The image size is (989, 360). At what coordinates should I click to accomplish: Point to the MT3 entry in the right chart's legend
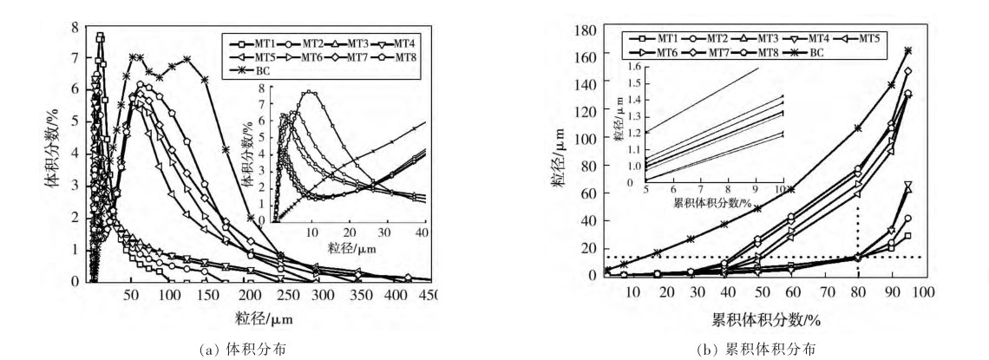click(765, 38)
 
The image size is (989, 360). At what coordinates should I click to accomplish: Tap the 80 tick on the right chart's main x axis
click(850, 293)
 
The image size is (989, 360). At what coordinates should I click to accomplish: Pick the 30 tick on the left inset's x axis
click(387, 234)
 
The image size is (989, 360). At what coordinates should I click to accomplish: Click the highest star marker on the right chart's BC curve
click(907, 50)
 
